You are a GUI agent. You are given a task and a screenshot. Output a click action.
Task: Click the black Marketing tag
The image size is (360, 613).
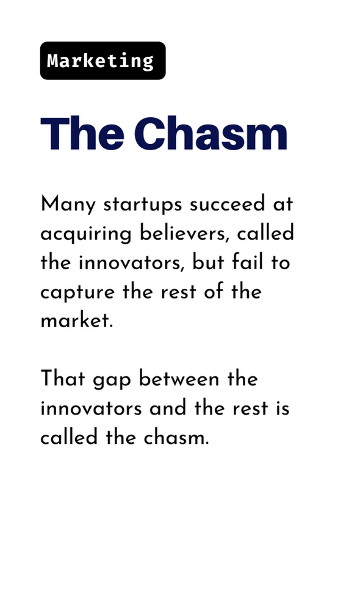coord(103,60)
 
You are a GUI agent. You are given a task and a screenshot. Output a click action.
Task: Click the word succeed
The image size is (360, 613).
coord(228,204)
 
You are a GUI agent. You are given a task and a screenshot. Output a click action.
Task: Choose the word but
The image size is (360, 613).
coord(208,263)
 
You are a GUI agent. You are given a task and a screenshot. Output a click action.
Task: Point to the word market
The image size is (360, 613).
coord(77,320)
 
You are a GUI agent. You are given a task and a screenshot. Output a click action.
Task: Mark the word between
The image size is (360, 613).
coord(179,379)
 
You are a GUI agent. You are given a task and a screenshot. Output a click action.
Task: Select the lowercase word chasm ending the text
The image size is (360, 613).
coord(176,437)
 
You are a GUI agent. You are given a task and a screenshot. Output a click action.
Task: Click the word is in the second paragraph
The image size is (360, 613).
coord(283,408)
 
